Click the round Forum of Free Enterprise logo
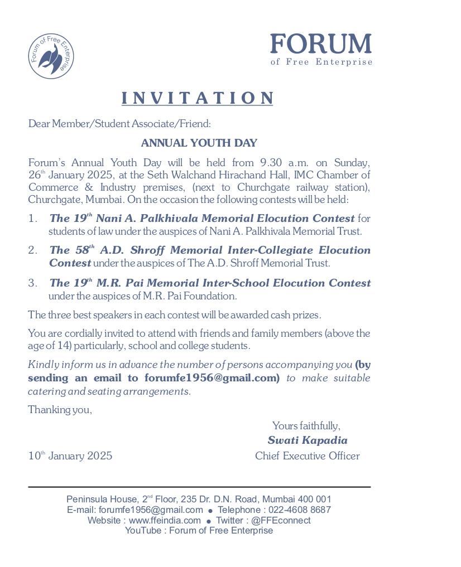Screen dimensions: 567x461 51,56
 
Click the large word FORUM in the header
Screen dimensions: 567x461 321,45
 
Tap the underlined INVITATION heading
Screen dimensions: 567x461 198,98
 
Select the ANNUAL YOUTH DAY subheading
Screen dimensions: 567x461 199,143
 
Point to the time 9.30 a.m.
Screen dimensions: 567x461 281,163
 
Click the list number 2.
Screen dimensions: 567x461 32,250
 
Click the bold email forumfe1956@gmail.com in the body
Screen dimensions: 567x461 212,378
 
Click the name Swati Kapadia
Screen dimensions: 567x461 308,440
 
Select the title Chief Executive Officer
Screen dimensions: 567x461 308,456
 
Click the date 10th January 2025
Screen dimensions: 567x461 70,456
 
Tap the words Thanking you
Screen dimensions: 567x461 60,410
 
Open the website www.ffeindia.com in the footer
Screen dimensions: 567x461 165,520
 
